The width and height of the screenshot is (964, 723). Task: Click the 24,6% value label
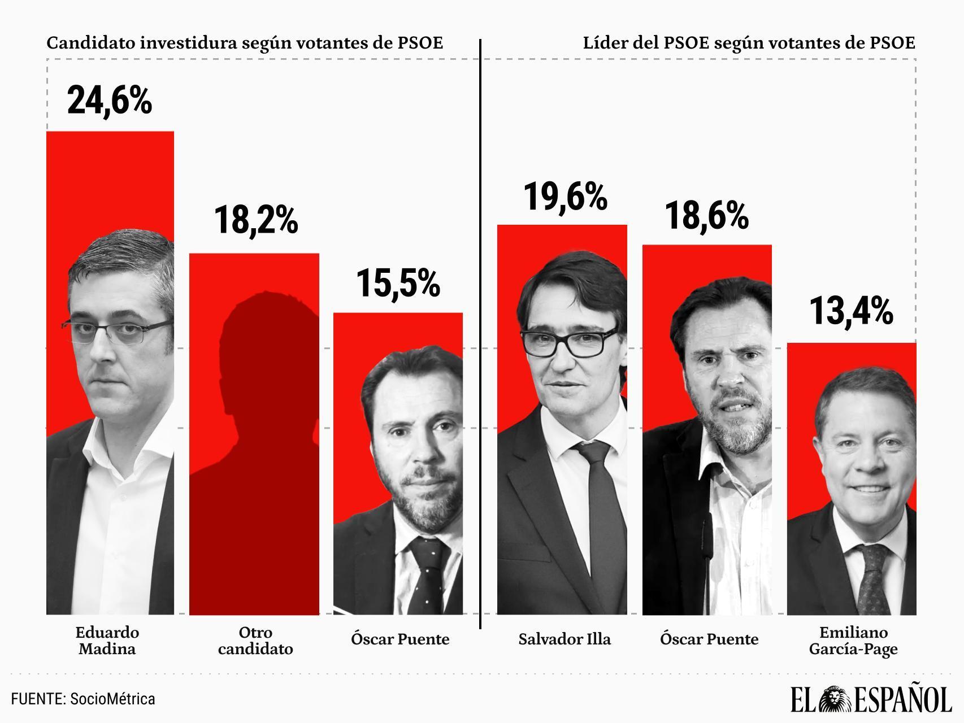[x=110, y=100]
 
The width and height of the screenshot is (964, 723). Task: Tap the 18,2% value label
[x=255, y=220]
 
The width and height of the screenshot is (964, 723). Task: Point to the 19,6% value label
[x=565, y=197]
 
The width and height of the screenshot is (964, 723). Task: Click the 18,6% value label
[x=706, y=216]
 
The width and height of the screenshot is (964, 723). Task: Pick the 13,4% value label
[x=851, y=311]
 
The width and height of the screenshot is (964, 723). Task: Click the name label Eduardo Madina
[x=107, y=640]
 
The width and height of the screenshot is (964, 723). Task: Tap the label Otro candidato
[x=255, y=640]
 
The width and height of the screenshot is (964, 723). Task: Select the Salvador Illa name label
[x=564, y=639]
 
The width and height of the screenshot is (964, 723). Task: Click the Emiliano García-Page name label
[x=853, y=640]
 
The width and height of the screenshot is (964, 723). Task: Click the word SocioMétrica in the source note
[x=112, y=699]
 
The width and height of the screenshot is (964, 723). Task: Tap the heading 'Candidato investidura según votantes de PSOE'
[x=245, y=43]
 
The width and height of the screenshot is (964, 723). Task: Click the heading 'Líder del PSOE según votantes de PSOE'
[x=749, y=43]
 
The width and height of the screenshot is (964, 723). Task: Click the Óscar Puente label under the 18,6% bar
[x=709, y=639]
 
